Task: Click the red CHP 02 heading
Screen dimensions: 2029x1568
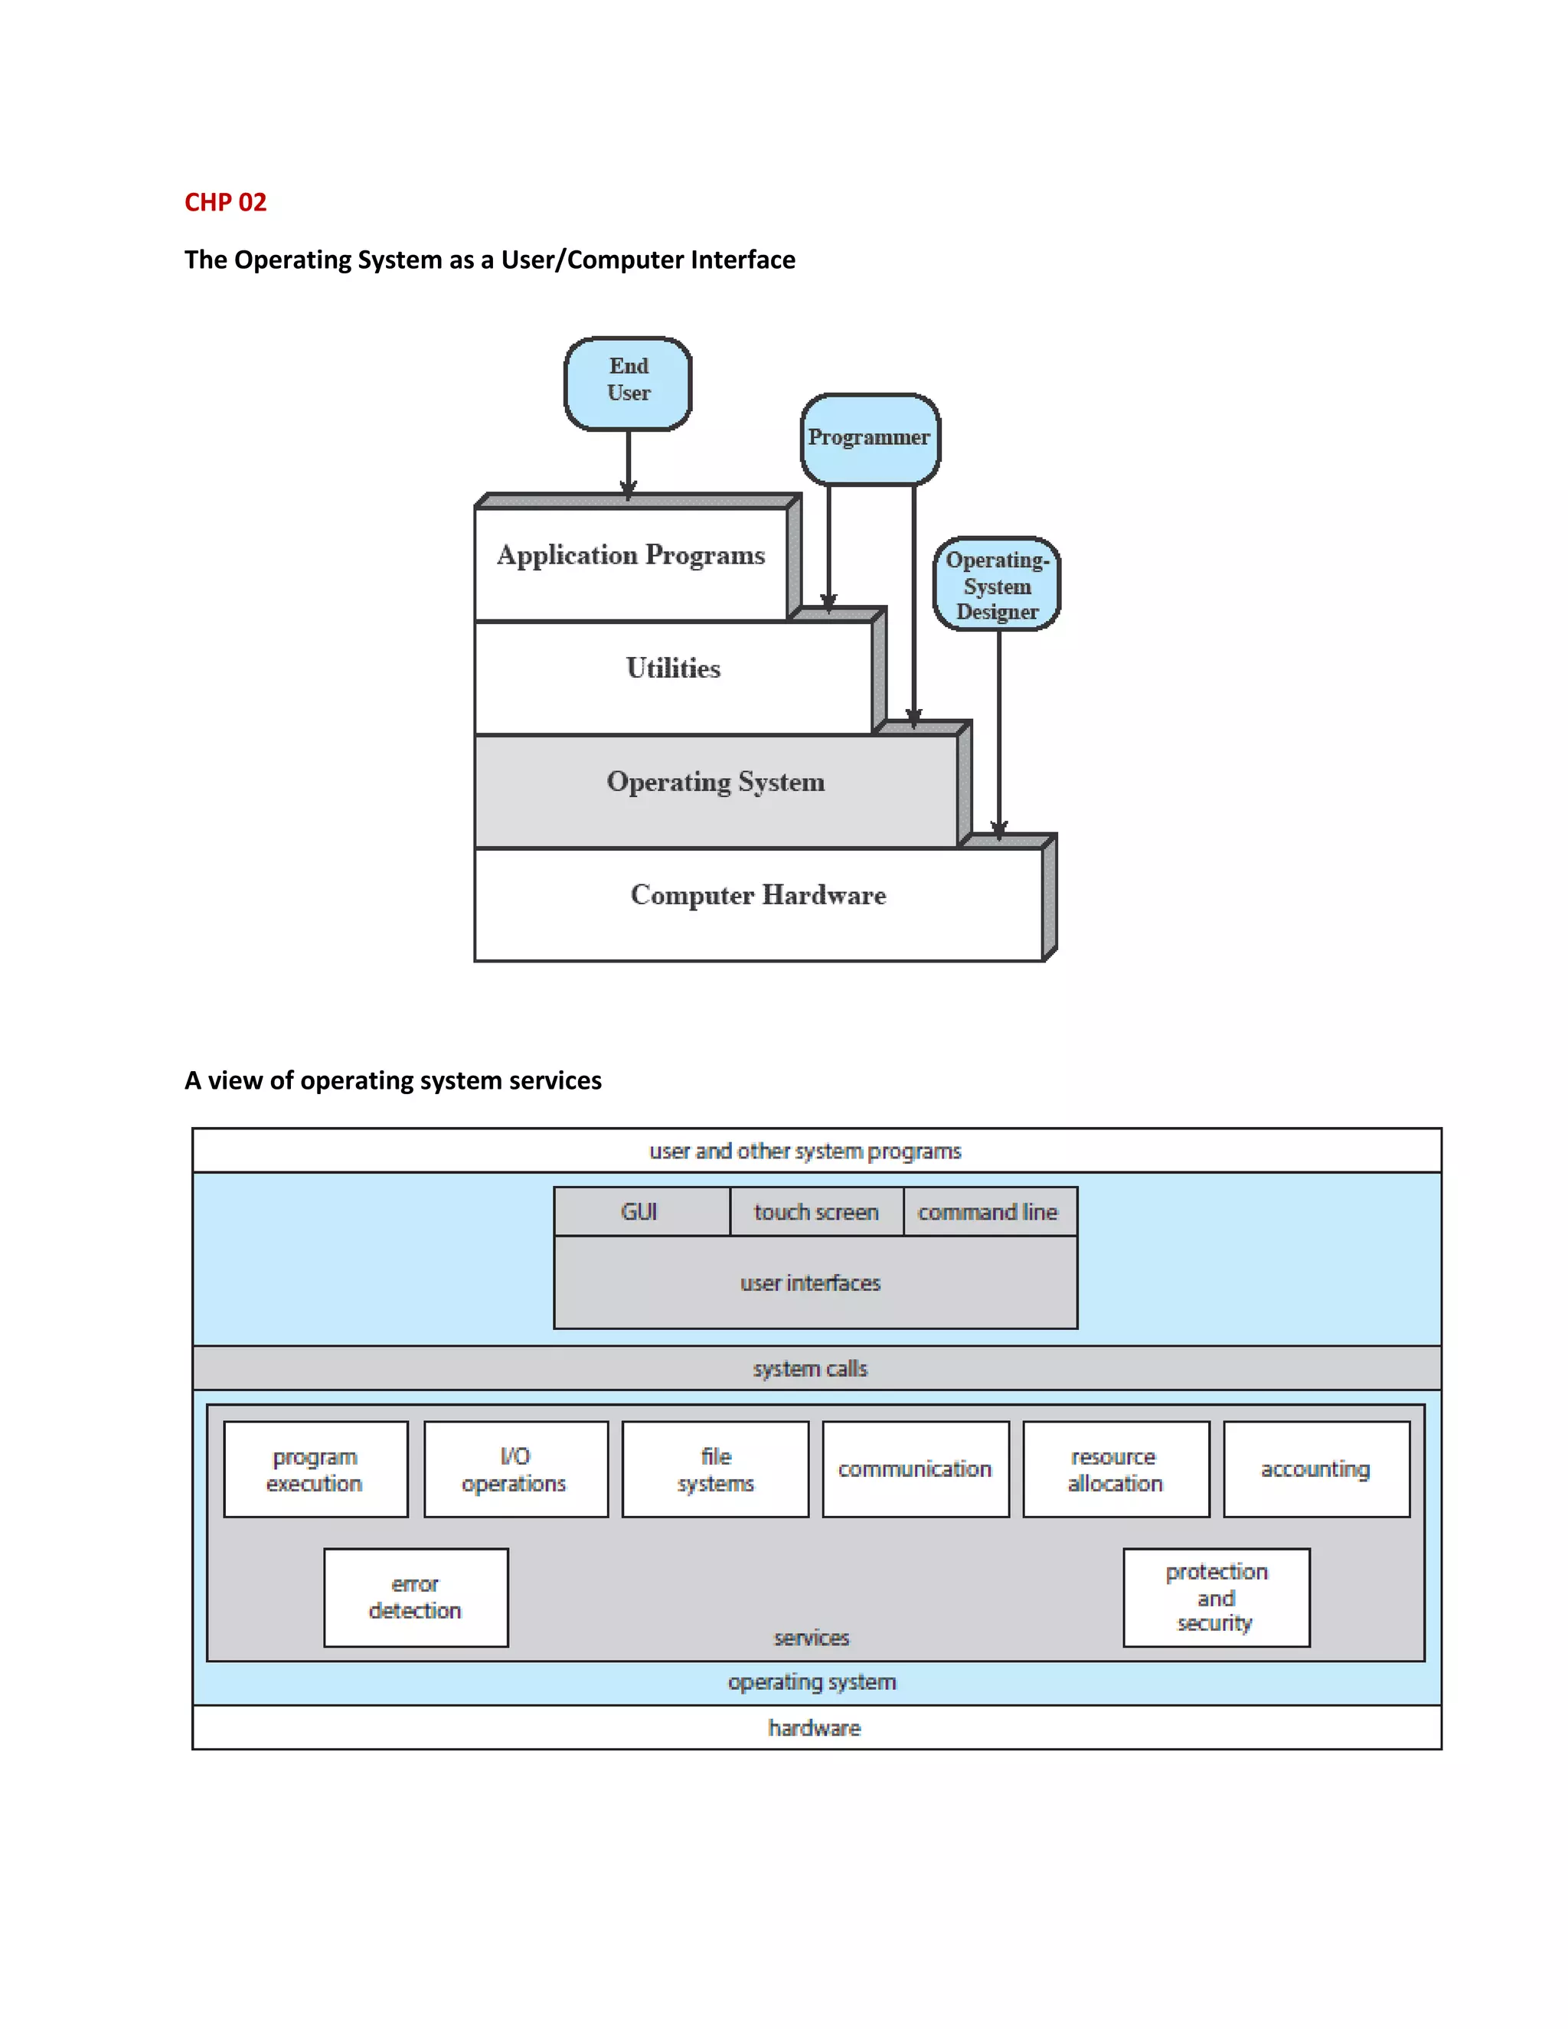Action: (225, 203)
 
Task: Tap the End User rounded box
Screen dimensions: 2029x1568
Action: (628, 383)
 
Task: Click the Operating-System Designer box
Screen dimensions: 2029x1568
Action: (997, 585)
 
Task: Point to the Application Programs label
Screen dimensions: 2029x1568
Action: (631, 556)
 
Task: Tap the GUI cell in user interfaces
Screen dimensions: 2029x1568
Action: (640, 1211)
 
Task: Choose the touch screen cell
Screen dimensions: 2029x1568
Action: (815, 1211)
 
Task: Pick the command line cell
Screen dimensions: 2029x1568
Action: (988, 1211)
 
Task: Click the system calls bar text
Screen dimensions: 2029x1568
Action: (810, 1368)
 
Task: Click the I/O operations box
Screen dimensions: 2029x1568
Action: (514, 1470)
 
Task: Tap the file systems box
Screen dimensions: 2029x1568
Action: (715, 1470)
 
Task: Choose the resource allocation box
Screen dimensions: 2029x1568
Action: (1115, 1470)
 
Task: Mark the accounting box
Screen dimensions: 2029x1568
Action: (1315, 1470)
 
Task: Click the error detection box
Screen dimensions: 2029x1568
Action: (415, 1597)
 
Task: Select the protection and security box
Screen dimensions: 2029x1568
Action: (1215, 1597)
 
